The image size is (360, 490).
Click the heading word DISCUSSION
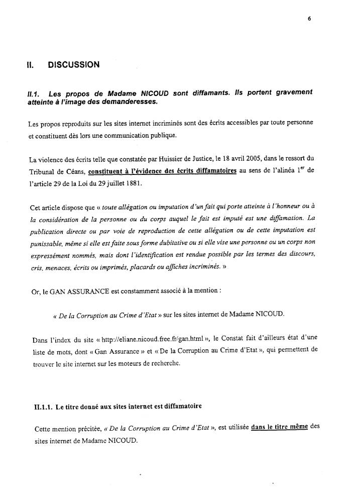[73, 65]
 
